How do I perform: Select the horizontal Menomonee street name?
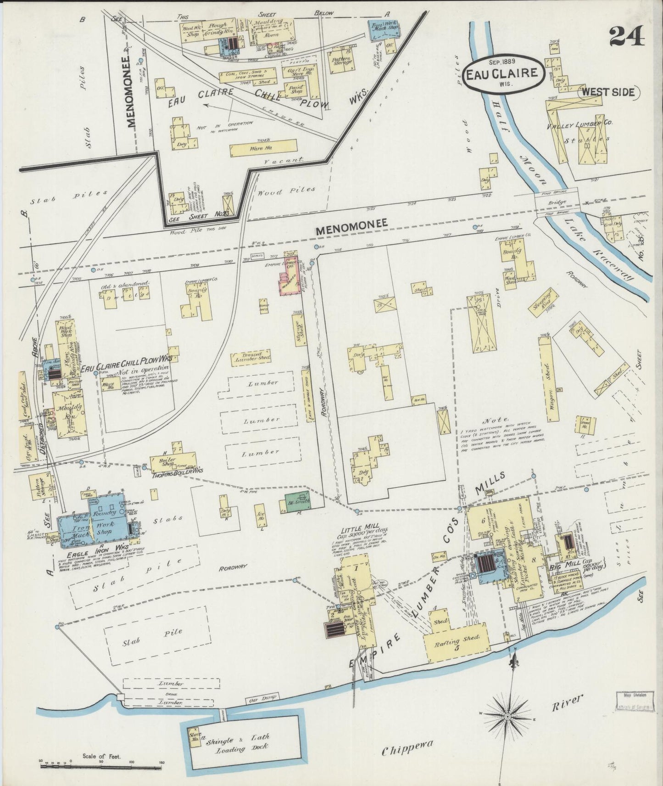352,222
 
